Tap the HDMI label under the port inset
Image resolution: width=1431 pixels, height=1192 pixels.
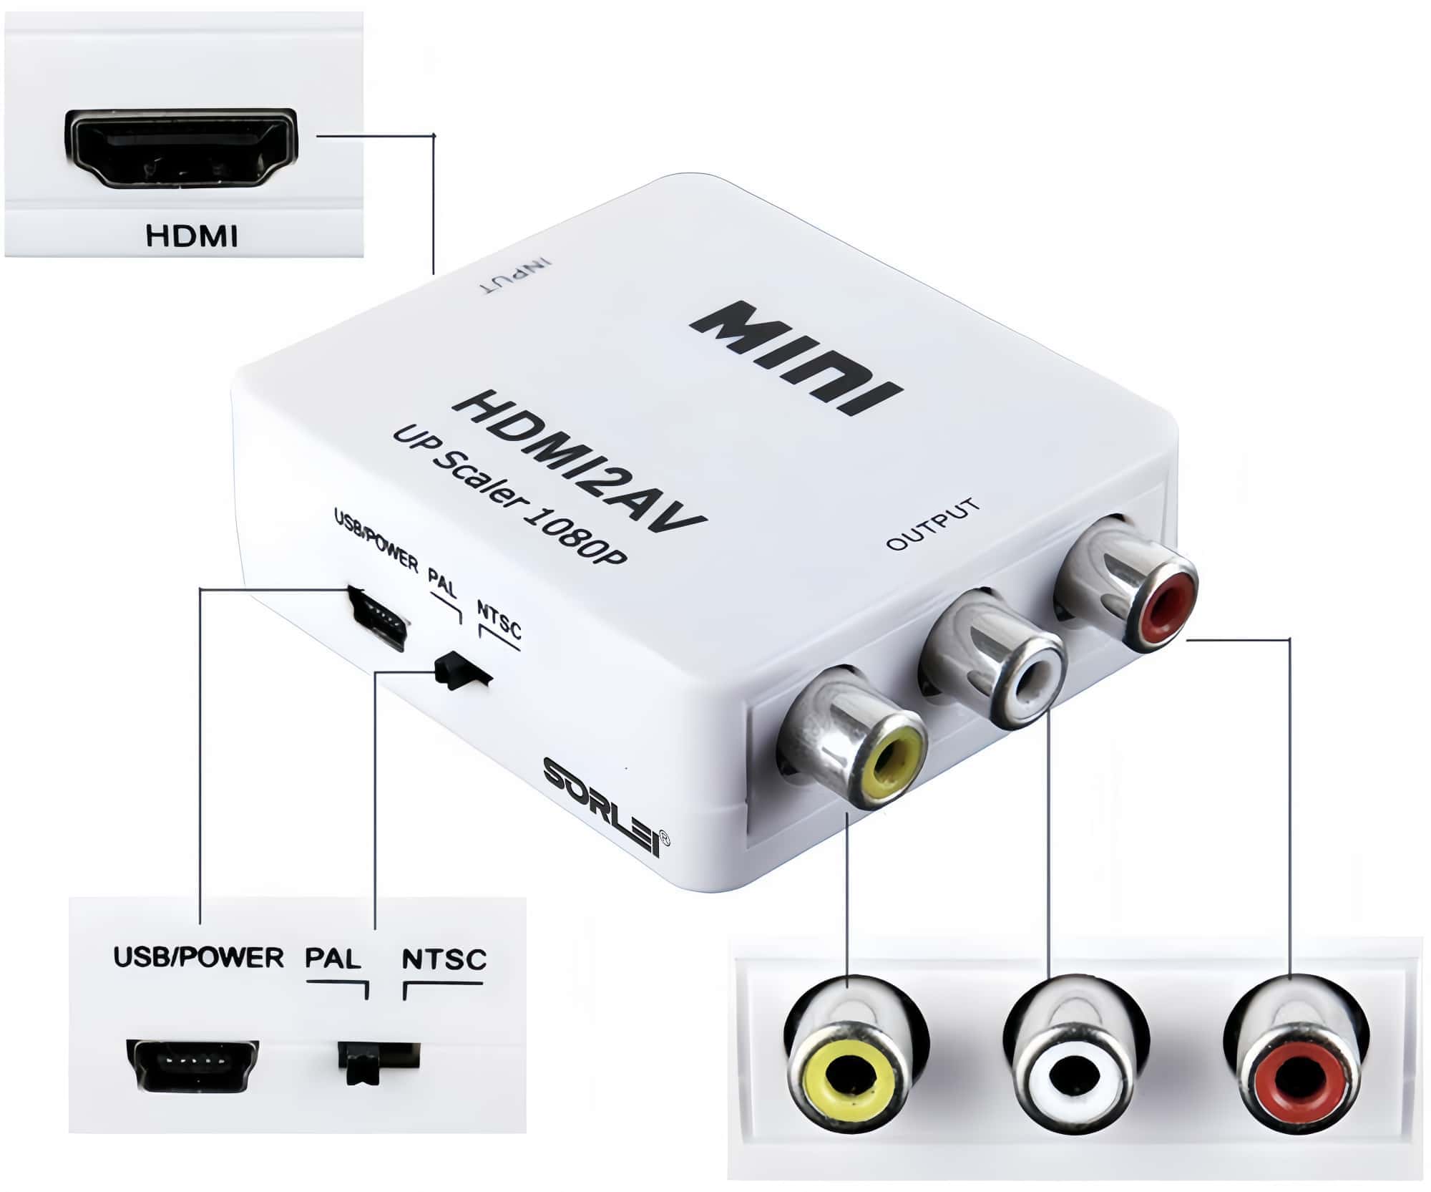click(191, 236)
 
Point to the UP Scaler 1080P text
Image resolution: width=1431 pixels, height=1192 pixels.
click(509, 494)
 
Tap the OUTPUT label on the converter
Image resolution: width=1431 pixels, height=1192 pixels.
click(932, 524)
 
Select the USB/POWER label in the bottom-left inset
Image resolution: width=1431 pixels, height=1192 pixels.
click(198, 957)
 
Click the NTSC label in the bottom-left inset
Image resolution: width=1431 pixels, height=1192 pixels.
click(444, 959)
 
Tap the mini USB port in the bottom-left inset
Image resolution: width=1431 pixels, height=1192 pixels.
click(192, 1062)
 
